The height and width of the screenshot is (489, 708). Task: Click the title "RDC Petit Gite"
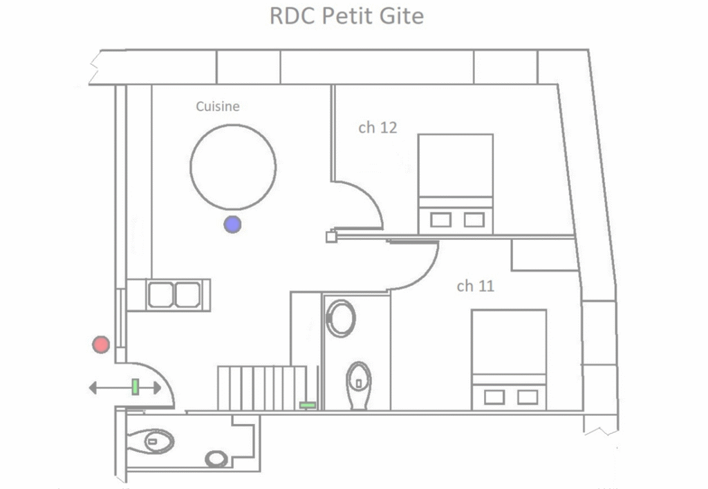[x=346, y=17]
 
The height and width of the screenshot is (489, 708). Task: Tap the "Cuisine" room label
[x=218, y=107]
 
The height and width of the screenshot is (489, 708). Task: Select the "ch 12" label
[x=378, y=128]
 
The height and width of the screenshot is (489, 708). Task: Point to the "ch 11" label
[x=476, y=286]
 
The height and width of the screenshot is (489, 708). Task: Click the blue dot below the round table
[x=232, y=224]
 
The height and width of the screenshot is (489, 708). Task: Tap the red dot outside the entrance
[x=101, y=344]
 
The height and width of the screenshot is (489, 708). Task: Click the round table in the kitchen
[x=233, y=167]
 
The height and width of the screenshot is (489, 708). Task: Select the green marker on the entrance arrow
[x=135, y=387]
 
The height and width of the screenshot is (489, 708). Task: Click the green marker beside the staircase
[x=308, y=405]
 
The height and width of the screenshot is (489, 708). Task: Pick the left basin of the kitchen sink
[x=160, y=295]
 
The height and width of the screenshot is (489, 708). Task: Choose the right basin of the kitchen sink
[x=188, y=295]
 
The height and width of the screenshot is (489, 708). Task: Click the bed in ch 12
[x=455, y=184]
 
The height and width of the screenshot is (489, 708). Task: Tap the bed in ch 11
[x=509, y=360]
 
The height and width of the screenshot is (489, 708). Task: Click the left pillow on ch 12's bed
[x=440, y=220]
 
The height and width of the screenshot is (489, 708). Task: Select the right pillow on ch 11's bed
[x=528, y=397]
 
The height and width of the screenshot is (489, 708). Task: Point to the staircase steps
[x=262, y=388]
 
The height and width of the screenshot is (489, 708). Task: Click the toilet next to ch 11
[x=359, y=385]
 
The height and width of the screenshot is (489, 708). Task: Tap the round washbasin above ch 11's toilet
[x=341, y=318]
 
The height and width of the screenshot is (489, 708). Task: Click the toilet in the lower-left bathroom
[x=151, y=441]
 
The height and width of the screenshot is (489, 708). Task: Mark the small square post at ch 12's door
[x=331, y=237]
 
